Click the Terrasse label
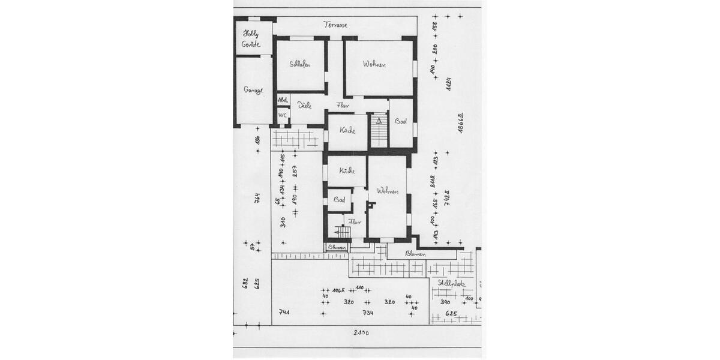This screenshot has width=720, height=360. coord(335,25)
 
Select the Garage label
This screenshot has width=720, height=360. coord(253,90)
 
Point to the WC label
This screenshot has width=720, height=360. coord(283,115)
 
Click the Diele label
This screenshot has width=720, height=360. coord(304,105)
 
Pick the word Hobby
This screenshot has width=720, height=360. coord(250,34)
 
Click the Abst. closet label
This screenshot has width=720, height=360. coord(283,100)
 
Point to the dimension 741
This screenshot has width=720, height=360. coord(284,312)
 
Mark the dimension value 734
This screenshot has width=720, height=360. coord(368,313)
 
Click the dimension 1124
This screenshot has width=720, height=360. coord(448,84)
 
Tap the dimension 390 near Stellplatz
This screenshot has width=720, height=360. coord(445,302)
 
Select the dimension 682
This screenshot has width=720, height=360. coord(245,283)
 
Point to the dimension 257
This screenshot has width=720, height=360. coord(295,171)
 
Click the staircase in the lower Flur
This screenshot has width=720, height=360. coord(343,232)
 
